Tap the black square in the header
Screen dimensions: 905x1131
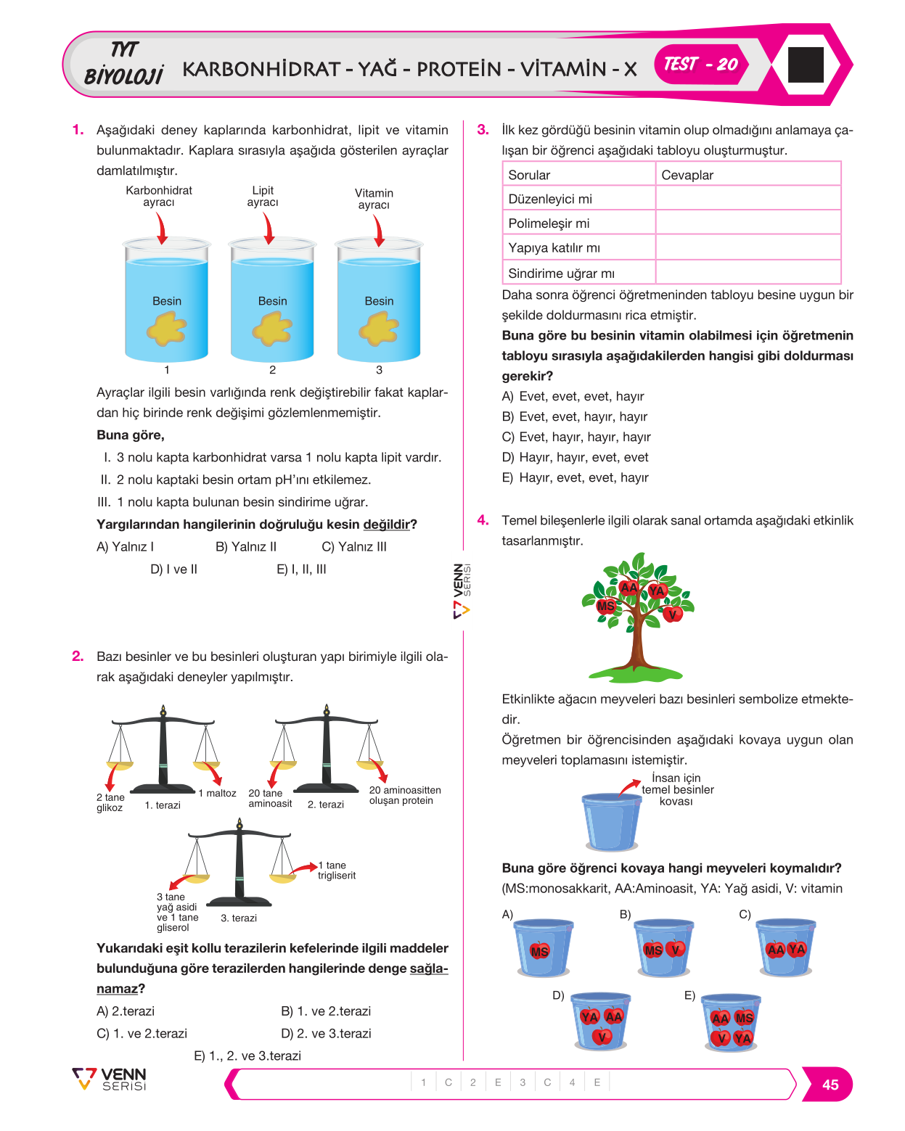coord(805,64)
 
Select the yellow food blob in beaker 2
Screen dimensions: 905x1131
coord(272,328)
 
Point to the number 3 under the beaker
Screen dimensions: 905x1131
coord(379,369)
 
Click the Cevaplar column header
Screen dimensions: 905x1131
coord(687,175)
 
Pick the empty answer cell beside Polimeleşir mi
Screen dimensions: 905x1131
coord(748,223)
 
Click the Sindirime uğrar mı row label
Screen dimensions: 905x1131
coord(561,274)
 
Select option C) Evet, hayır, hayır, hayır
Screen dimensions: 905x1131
coord(576,437)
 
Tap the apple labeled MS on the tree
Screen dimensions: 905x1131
coord(605,606)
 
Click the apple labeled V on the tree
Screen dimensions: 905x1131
coord(672,614)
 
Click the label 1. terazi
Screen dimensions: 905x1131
coord(163,805)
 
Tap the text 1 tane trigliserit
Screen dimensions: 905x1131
coord(337,871)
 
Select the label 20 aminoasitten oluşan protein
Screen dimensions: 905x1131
coord(405,795)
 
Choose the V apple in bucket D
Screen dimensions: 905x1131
coord(602,1037)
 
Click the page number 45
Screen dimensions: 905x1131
coord(830,1085)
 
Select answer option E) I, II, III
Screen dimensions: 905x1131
coord(301,569)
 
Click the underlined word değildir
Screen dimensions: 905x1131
coord(386,524)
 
